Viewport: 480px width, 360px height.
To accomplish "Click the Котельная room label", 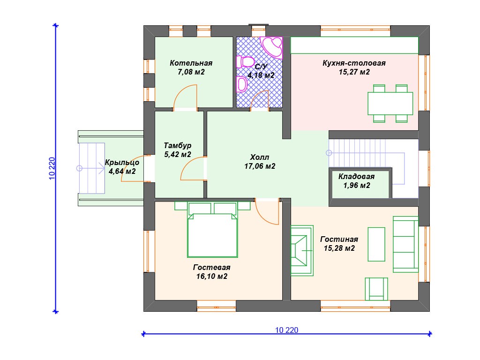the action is click(191, 63).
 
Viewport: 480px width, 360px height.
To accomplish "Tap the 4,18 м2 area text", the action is click(261, 75).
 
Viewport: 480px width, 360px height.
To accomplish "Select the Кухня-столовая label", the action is click(354, 63).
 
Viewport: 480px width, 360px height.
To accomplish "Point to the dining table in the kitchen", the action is click(390, 104).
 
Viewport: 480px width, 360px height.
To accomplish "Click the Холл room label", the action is click(260, 157).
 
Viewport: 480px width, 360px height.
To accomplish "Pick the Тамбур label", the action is click(178, 145).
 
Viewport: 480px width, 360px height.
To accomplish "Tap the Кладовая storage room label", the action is click(357, 177).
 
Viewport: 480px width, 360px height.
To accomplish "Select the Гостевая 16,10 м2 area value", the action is click(212, 277).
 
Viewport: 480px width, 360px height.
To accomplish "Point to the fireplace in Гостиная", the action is click(302, 250).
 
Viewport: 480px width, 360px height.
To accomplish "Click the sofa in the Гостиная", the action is click(405, 244).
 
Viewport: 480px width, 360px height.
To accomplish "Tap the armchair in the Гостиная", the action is click(376, 289).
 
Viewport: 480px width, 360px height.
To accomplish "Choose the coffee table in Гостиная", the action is click(376, 244).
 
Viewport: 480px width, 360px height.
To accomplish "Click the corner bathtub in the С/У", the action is click(272, 47).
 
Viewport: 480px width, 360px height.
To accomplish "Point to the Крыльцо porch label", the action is click(122, 163).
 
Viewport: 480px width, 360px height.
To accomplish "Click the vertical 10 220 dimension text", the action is click(52, 168).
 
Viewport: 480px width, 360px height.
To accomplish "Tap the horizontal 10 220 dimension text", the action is click(286, 330).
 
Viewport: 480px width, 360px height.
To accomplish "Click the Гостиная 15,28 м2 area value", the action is click(339, 248).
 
